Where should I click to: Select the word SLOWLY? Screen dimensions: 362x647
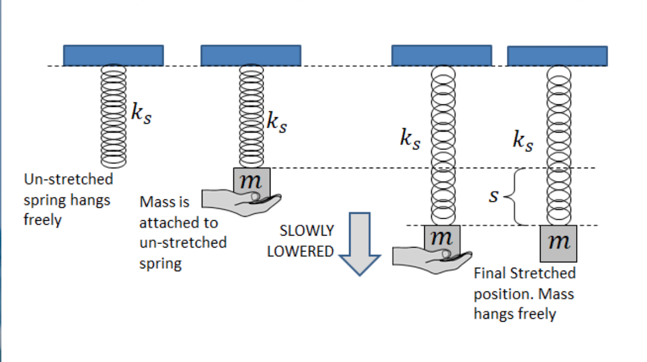307,231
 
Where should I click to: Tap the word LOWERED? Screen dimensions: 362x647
300,252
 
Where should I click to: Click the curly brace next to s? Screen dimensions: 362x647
516,196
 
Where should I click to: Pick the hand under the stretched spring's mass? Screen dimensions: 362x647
430,256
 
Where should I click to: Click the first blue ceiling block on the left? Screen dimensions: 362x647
113,55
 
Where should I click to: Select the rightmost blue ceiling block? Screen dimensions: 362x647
557,56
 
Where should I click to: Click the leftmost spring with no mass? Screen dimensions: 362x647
113,115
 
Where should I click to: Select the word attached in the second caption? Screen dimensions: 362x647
165,223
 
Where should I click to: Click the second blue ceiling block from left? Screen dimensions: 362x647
250,55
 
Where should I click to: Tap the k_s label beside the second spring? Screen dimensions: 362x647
276,122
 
